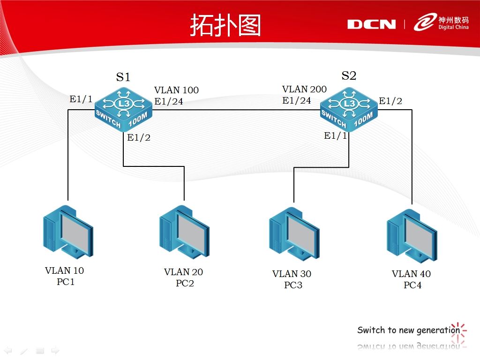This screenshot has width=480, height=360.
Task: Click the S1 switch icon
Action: click(123, 110)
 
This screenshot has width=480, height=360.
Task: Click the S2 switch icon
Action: click(349, 110)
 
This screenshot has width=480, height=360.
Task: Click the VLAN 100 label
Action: click(176, 90)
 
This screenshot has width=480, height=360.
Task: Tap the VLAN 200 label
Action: click(304, 89)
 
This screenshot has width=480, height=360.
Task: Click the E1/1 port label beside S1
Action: click(81, 99)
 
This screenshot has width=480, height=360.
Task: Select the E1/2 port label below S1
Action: click(139, 137)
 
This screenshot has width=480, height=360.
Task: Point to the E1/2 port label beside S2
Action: click(390, 101)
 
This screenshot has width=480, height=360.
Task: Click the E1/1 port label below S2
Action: click(336, 135)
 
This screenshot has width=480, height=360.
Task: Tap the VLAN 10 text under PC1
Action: click(64, 270)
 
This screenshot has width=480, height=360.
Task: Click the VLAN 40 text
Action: click(411, 274)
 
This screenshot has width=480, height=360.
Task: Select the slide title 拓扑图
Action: click(225, 25)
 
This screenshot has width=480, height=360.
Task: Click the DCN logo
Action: click(371, 24)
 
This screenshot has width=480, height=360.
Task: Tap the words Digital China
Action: click(453, 27)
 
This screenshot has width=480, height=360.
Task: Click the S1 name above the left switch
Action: click(123, 77)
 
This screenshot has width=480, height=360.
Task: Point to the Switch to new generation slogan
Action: click(409, 330)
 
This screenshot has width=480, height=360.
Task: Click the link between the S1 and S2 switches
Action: click(236, 109)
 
